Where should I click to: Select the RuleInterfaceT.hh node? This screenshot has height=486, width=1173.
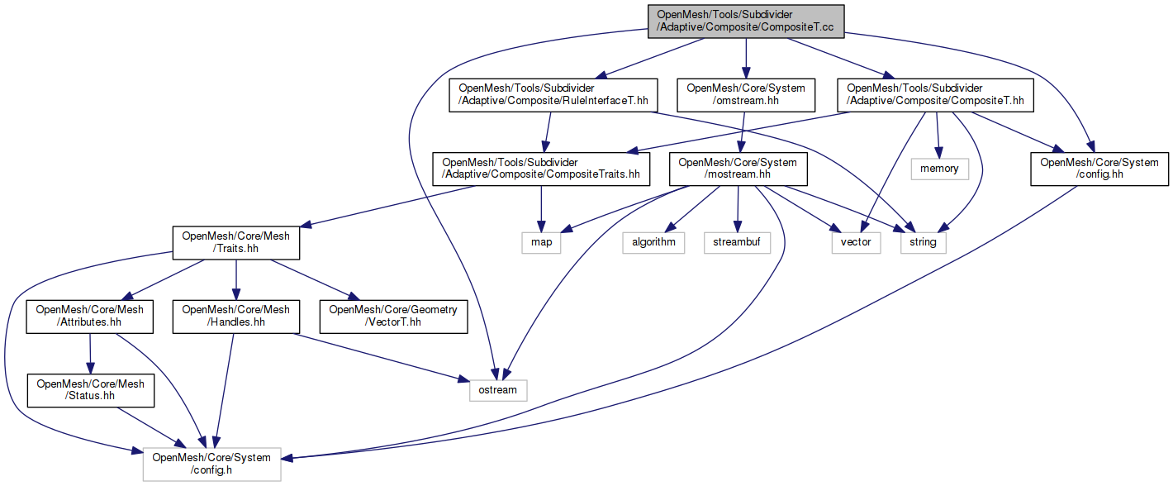pos(552,95)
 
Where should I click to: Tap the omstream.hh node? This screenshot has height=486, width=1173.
pos(746,95)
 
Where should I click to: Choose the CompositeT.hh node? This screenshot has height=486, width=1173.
pos(935,95)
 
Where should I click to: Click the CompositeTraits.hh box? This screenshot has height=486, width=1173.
pos(541,169)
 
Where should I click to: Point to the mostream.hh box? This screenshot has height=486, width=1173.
pos(738,169)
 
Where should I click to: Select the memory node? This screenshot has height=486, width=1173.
pos(939,169)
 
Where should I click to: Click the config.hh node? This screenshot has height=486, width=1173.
pos(1099,169)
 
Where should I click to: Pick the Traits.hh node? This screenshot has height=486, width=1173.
pos(236,243)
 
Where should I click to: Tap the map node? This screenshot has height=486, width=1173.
pos(541,243)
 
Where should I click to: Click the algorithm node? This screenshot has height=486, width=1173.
pos(654,243)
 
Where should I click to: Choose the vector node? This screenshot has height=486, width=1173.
pos(856,243)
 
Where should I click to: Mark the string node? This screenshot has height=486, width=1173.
pos(923,243)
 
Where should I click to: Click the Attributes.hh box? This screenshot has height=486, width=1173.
pos(90,317)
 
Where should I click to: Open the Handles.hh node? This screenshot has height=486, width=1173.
pos(235,317)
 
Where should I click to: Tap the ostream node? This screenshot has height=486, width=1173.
pos(497,389)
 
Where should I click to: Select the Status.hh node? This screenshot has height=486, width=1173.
pos(90,390)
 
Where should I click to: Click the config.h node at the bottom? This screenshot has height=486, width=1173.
pos(212,464)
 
